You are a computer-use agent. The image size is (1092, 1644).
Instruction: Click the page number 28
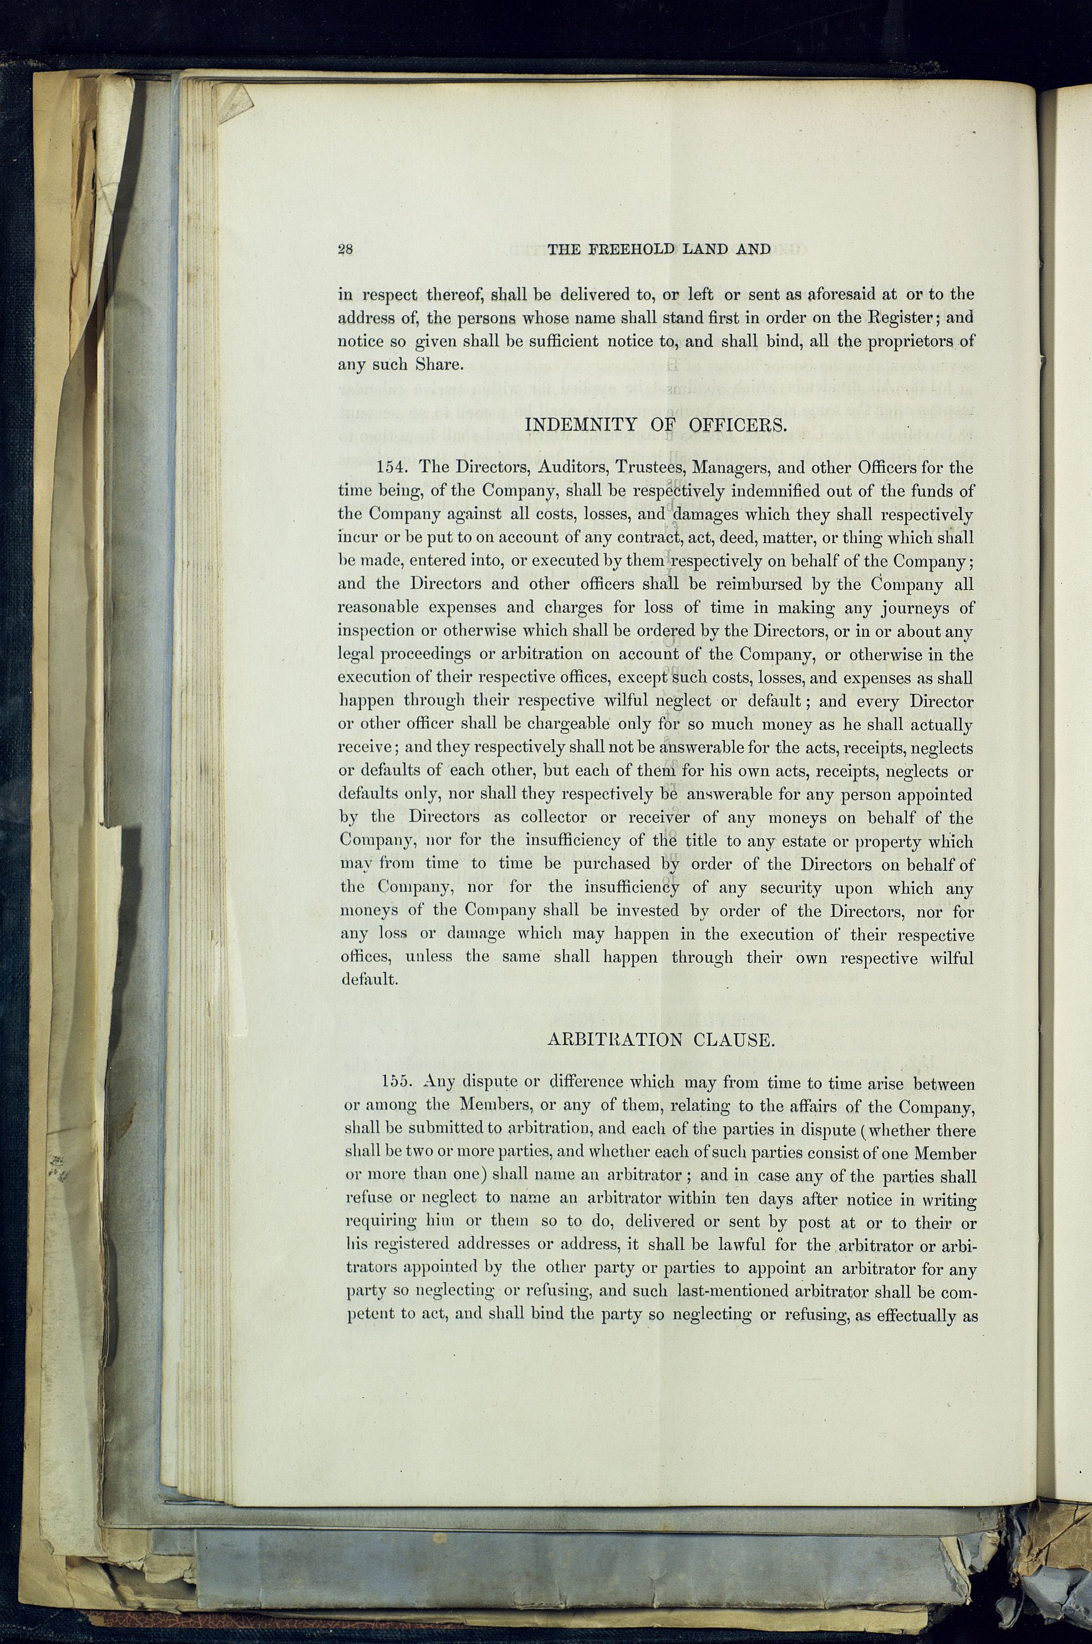(346, 250)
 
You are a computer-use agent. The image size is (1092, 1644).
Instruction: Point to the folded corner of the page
(234, 104)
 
